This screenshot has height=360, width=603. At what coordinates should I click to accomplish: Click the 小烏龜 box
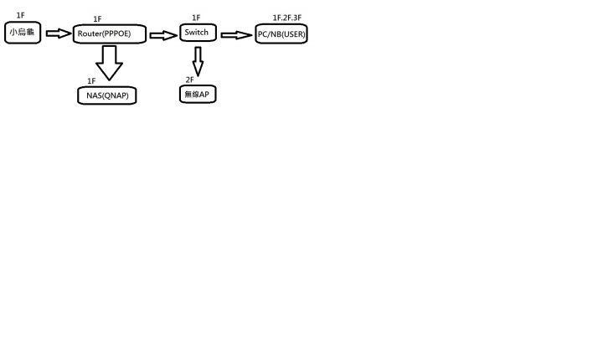23,33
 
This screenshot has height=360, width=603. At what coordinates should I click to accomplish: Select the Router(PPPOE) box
110,33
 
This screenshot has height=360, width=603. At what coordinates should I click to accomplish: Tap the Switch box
198,33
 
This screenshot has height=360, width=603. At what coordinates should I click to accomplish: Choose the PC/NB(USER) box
281,33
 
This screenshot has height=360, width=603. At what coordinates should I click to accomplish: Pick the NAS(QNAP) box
107,95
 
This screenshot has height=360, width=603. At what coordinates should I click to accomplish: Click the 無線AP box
198,95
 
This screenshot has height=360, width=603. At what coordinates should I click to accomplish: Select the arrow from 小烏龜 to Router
59,33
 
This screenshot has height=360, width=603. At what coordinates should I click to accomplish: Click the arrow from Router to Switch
163,35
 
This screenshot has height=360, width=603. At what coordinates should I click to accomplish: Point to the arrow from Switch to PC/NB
236,35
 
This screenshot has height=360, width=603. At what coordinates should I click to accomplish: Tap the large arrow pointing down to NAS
109,63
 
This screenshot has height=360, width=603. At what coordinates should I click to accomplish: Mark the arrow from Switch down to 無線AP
198,62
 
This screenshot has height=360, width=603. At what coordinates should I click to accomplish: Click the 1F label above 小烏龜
20,15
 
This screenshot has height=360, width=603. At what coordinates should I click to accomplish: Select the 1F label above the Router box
97,19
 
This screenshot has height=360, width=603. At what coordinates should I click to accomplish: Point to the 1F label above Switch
196,18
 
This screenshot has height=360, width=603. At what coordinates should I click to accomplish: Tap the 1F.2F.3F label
287,18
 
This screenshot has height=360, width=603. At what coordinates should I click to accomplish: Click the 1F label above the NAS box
91,80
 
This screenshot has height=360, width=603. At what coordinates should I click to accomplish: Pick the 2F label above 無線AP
189,80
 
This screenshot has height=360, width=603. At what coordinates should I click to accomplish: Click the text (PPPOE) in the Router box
116,33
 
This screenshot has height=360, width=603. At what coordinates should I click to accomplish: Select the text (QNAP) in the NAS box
116,95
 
